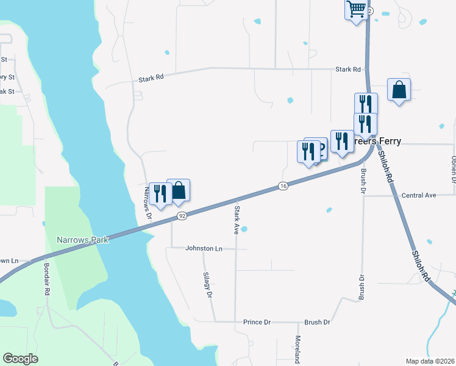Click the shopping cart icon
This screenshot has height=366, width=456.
[x=356, y=10]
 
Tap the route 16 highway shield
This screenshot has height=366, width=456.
[x=283, y=185]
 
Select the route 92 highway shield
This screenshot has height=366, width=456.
[x=182, y=216]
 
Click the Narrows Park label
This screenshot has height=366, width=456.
[x=82, y=240]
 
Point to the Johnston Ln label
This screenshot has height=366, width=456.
[x=204, y=249]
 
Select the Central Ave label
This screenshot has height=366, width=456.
[x=419, y=196]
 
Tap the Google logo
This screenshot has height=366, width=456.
[x=20, y=359]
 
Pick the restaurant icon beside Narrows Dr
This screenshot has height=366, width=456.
[x=160, y=194]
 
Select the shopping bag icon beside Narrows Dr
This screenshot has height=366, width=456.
[x=179, y=190]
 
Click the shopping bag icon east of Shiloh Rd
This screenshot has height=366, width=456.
[x=399, y=90]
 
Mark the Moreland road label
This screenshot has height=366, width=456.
[x=298, y=350]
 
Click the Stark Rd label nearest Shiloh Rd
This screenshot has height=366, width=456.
[x=348, y=70]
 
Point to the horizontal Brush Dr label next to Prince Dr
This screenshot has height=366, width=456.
[x=317, y=322]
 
